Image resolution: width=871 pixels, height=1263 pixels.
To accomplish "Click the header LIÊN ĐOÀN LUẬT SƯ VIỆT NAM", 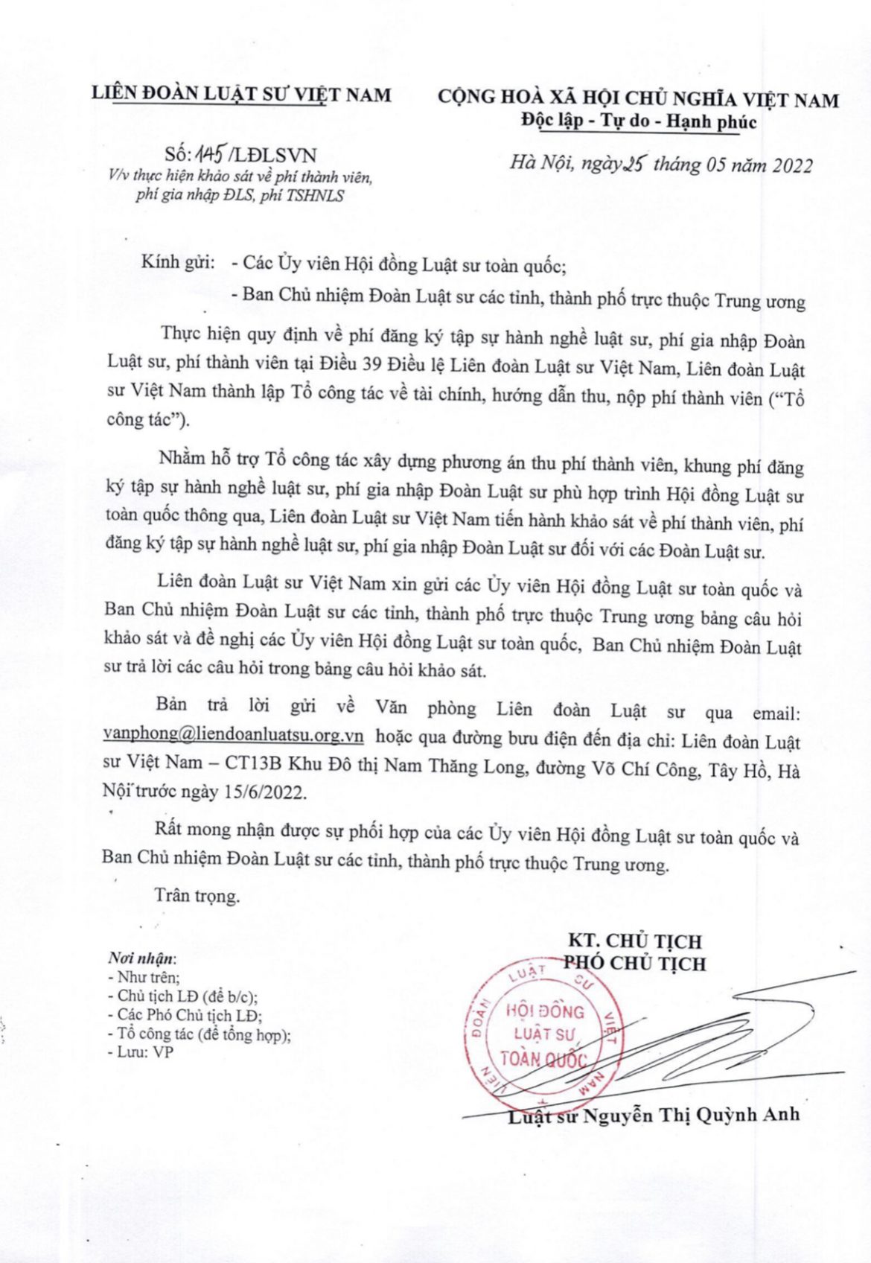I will pos(240,94).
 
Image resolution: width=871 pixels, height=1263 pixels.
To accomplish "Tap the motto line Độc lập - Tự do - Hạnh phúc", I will pos(638,121).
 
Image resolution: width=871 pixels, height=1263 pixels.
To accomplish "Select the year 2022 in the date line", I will pos(781,165).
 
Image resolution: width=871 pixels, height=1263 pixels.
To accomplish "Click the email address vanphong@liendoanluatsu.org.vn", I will pos(233,735).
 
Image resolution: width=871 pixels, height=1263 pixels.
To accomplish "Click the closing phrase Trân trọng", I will pos(197,895).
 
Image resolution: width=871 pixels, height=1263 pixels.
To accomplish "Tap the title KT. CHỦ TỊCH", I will pos(634,941).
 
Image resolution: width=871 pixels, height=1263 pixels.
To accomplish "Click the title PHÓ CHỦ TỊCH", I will pos(634,963).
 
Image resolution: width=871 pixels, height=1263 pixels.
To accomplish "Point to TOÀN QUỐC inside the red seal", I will pos(543,1058).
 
